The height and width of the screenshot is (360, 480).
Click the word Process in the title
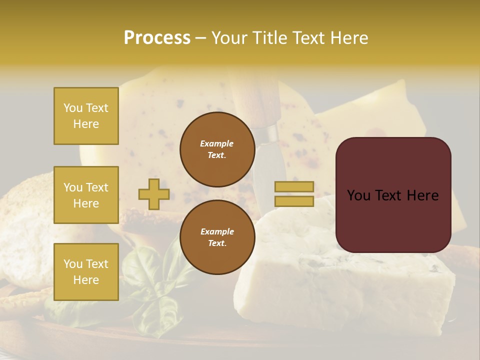pos(157,38)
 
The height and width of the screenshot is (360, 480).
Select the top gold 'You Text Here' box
pos(86,116)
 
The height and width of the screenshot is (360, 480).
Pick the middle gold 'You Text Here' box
pos(86,195)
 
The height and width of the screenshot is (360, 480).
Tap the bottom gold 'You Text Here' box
pos(86,272)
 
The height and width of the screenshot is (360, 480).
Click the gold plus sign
pos(154,194)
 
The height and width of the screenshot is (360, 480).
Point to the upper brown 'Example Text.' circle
pos(217,149)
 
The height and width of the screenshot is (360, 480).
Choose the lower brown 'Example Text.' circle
pos(217,237)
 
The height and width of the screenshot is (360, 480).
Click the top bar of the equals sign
pos(294,187)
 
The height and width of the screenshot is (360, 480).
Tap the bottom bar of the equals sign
pos(294,201)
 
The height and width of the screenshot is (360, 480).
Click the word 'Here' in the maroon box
pos(422,195)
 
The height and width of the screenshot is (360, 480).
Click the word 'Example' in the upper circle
pos(217,143)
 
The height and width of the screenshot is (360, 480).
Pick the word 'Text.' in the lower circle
pos(217,243)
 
